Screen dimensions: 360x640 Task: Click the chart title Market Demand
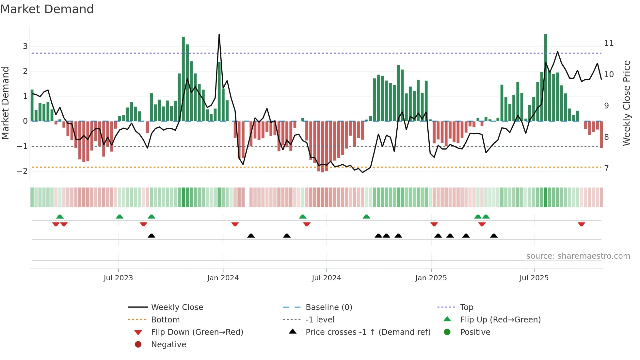click(47, 9)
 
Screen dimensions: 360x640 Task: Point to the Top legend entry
click(466, 307)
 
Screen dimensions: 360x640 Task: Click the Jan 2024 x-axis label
click(223, 278)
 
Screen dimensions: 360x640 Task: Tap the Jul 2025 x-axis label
click(534, 278)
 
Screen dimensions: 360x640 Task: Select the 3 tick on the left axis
click(25, 46)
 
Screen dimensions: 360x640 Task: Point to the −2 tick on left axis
click(23, 171)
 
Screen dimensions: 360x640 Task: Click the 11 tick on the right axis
click(609, 43)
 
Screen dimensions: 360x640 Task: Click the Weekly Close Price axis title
click(626, 103)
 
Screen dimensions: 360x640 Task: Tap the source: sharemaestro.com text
click(578, 256)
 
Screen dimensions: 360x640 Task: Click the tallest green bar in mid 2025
click(546, 78)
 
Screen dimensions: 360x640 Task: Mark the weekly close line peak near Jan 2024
click(219, 34)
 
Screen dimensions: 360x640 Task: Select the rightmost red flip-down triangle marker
click(581, 224)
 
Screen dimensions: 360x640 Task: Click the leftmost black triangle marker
click(152, 236)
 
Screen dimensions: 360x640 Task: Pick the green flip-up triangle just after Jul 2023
click(120, 217)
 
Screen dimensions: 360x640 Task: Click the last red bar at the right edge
click(601, 134)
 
